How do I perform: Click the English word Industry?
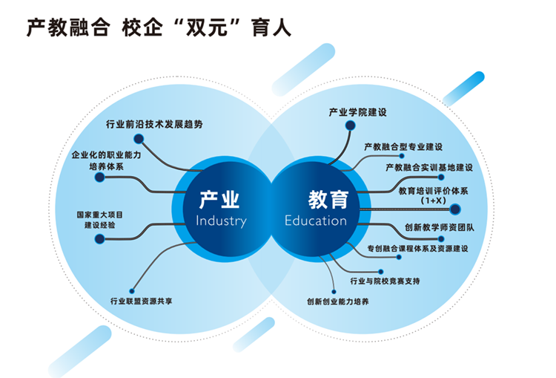coord(221,221)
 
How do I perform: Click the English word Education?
coord(316,221)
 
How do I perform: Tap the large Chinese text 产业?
coord(220,199)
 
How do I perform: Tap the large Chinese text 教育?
coord(328,199)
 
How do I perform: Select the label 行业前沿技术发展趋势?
coord(154,124)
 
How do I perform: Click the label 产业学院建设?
coord(358,113)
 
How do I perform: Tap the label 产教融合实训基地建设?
coord(429,168)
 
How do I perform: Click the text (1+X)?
coord(432,201)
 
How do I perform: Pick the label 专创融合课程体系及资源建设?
coord(417,248)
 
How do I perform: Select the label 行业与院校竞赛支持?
coord(385,281)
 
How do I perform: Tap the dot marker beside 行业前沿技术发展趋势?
coord(138,138)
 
